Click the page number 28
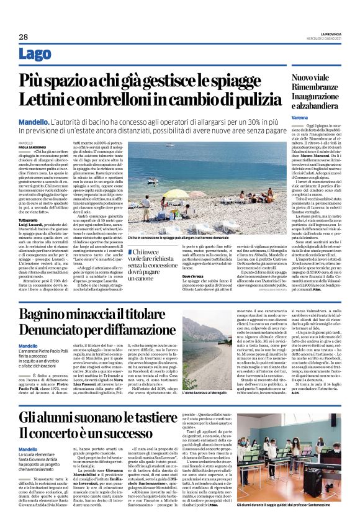click(x=24, y=37)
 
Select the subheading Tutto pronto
click(x=29, y=220)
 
